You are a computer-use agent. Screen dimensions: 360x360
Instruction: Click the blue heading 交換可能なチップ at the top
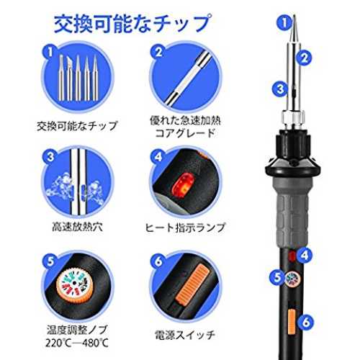pos(132,24)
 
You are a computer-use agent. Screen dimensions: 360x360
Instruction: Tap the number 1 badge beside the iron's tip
pos(284,23)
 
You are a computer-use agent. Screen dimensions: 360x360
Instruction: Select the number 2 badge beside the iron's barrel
pos(304,58)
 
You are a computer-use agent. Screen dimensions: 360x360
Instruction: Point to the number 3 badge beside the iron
pos(280,89)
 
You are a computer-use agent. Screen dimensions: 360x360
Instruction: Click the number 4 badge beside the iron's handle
pos(305,255)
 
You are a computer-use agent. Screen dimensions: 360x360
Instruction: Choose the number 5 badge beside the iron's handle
pos(277,277)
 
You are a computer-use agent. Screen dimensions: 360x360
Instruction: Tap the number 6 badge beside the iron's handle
pos(306,322)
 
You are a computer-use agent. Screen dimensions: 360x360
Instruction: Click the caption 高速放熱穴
pos(77,226)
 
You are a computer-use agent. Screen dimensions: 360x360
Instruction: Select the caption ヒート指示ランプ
pos(185,227)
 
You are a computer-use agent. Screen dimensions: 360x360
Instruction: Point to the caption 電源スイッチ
pos(185,334)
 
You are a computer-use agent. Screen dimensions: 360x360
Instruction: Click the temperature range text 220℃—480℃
pos(77,343)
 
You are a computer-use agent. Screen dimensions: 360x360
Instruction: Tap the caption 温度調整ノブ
pos(77,330)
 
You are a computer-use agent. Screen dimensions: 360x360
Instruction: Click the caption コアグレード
pos(185,133)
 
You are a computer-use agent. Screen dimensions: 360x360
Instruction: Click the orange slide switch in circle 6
pos(193,284)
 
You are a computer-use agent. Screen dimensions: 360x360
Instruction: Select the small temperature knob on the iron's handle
pos(293,278)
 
